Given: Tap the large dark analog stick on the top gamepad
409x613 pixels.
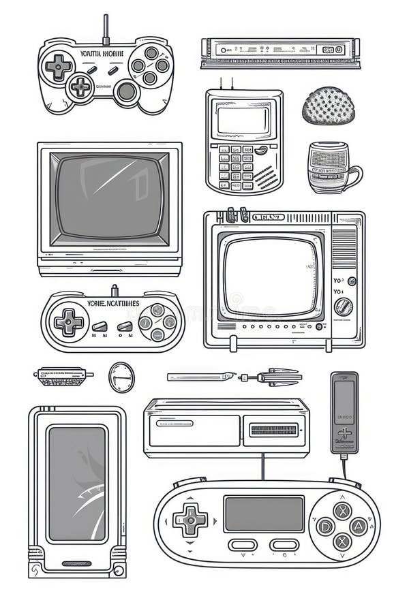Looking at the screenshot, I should pyautogui.click(x=127, y=91).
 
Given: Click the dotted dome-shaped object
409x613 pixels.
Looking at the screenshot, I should pyautogui.click(x=329, y=106).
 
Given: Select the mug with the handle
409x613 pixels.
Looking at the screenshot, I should pyautogui.click(x=331, y=168).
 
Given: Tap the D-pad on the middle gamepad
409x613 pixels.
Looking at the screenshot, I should pyautogui.click(x=68, y=321).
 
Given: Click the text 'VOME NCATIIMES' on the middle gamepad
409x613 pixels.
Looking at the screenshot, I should pyautogui.click(x=113, y=304).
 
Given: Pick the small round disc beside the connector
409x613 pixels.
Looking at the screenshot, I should pyautogui.click(x=121, y=376).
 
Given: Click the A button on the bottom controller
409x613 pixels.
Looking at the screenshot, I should pyautogui.click(x=358, y=526).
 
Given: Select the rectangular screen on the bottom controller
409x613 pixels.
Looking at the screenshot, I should pyautogui.click(x=264, y=514).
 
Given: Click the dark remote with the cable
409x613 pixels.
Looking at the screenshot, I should pyautogui.click(x=344, y=412).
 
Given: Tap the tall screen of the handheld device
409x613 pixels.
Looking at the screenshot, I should pyautogui.click(x=77, y=484).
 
